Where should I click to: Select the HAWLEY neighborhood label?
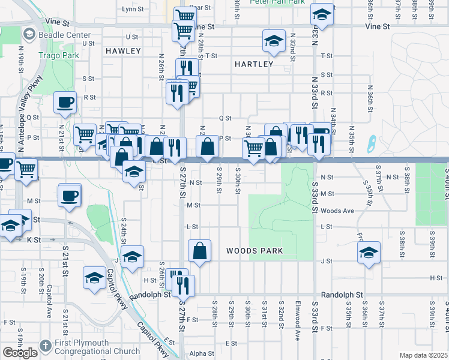click(x=123, y=52)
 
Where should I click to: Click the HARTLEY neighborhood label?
click(x=254, y=64)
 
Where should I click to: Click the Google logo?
click(x=20, y=353)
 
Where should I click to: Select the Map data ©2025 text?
click(x=424, y=355)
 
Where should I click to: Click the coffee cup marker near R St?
click(x=65, y=101)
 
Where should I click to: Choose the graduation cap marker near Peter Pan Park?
click(x=322, y=15)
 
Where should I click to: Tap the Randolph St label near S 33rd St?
click(x=343, y=295)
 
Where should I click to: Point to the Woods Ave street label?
click(x=337, y=211)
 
